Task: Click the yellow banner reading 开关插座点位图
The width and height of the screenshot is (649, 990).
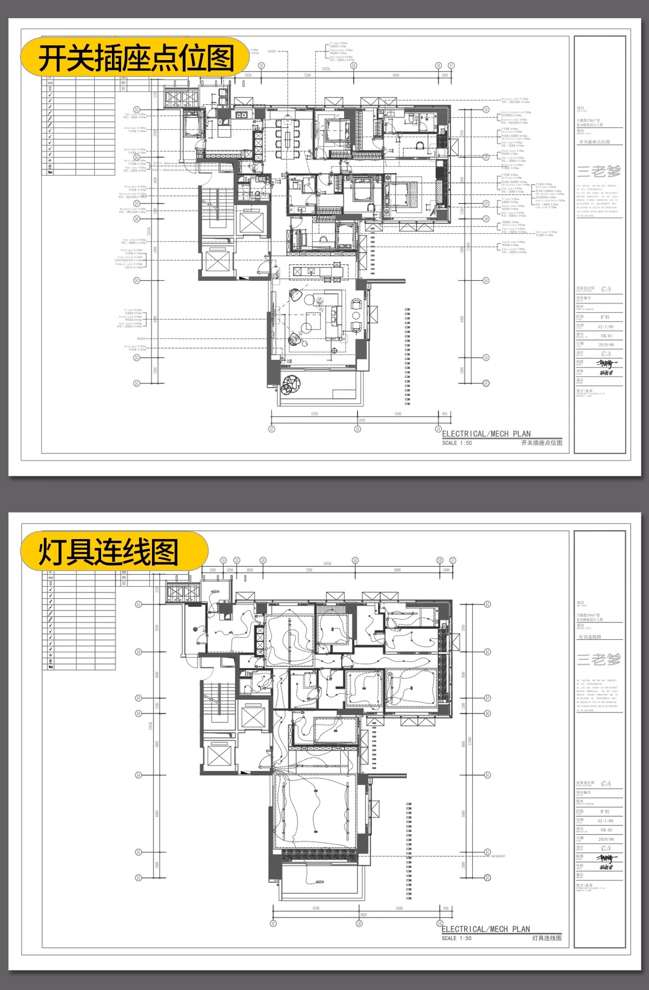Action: point(135,57)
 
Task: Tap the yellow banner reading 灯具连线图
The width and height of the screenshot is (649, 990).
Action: point(114,552)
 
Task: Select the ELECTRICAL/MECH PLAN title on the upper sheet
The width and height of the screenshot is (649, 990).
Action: point(486,434)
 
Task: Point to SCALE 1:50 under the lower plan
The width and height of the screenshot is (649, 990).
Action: point(456,938)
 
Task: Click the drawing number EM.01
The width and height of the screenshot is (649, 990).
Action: point(606,336)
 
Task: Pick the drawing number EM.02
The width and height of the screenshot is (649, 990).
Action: point(606,829)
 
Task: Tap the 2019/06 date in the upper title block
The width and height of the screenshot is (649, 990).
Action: point(606,344)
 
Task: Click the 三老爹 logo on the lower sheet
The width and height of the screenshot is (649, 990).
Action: point(599,659)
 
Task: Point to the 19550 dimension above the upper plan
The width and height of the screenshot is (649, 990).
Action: point(326,69)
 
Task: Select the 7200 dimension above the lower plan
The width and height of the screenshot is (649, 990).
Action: point(309,570)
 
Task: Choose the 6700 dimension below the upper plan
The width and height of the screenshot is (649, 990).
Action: point(314,414)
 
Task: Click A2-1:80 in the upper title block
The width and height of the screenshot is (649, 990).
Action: point(606,327)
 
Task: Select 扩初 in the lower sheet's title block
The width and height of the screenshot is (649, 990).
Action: point(605,812)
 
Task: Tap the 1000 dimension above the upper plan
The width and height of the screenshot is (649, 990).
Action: point(445,75)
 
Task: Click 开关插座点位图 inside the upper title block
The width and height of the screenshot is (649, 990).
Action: point(594,142)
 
